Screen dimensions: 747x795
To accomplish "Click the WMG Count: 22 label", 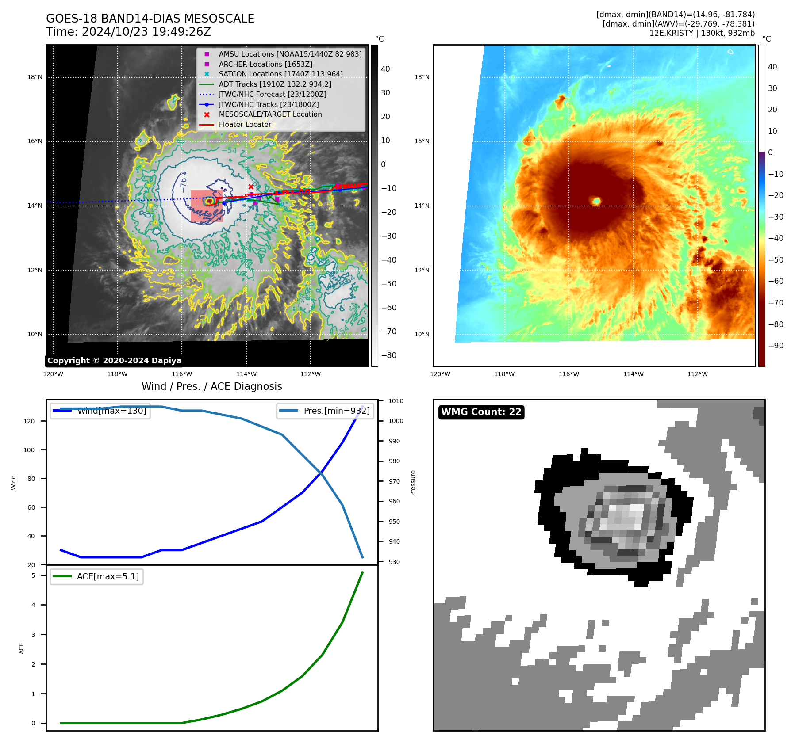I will (481, 412).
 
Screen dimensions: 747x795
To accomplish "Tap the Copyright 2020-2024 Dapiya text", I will (114, 361).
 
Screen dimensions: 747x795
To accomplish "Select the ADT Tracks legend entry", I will (275, 84).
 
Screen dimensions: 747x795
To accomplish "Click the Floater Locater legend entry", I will (245, 124).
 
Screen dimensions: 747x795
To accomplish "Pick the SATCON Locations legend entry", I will (280, 74).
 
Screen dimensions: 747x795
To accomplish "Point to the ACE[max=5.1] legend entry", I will (108, 576).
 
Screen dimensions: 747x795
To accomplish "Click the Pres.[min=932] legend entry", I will (336, 411).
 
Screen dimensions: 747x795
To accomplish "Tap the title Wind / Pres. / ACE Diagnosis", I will (211, 386).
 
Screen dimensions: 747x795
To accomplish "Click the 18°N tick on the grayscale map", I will (35, 77).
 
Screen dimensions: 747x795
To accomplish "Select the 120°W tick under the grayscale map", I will (53, 374).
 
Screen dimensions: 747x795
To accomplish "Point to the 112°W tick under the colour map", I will (697, 374).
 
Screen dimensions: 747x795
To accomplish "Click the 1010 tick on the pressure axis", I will (396, 401).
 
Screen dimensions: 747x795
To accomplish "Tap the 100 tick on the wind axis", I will (29, 450).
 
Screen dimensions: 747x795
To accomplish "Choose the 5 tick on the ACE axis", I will (33, 575).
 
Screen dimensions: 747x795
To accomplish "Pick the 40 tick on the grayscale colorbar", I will (385, 69).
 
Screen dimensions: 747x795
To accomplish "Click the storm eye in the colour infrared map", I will (596, 201).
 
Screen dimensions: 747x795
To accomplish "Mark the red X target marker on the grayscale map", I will (251, 187).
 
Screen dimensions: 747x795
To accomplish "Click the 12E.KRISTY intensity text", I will (702, 33).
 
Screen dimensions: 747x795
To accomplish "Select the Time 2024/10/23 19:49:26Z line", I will (128, 32).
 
